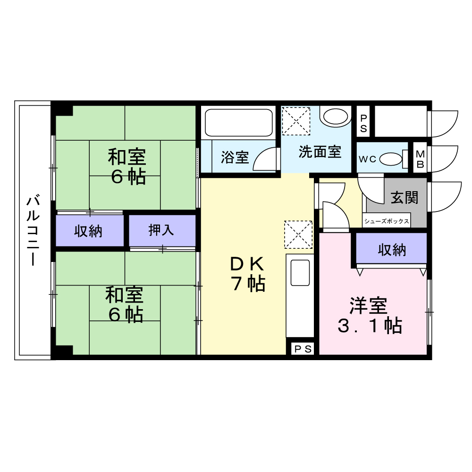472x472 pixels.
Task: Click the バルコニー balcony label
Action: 33,231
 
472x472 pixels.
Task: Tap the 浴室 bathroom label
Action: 235,157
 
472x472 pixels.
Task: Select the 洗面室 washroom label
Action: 320,152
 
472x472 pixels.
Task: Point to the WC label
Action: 367,159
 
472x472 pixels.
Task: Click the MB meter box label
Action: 420,160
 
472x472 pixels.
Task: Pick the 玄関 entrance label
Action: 405,197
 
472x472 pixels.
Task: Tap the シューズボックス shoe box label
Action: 387,221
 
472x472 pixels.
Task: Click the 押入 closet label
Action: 161,230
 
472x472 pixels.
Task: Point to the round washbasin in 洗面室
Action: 336,116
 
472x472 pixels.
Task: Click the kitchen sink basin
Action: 300,273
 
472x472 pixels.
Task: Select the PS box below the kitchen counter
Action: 303,349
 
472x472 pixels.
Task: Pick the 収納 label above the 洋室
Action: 392,250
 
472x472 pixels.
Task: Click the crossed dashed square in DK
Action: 298,234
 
